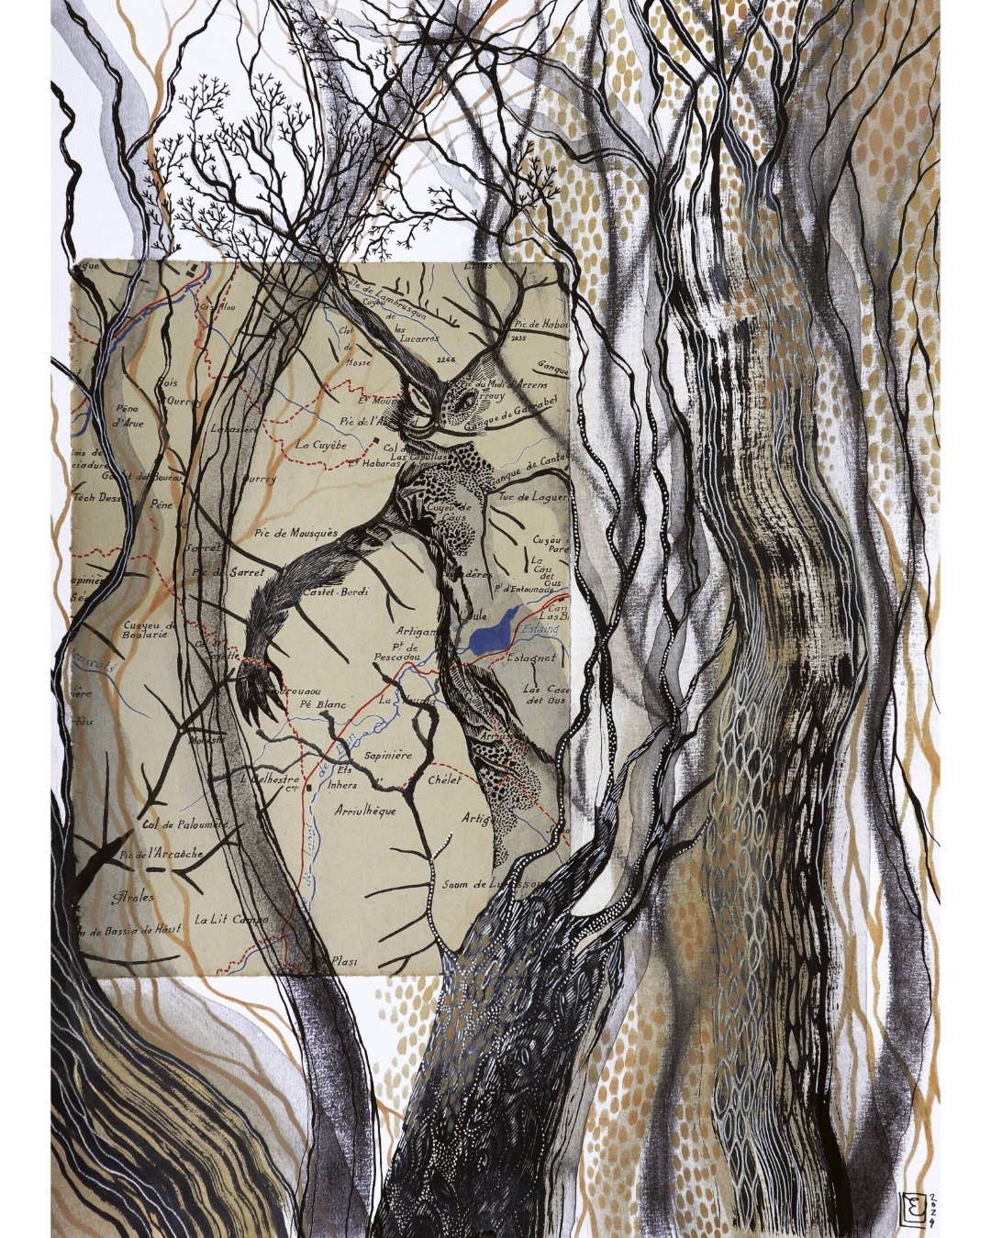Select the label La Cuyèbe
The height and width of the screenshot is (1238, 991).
tap(320, 443)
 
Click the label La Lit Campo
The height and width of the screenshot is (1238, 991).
tap(231, 918)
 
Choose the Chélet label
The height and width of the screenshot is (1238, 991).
tap(444, 779)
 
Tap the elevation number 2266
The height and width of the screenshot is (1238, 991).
tap(449, 359)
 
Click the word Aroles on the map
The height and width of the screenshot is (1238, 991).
tap(132, 896)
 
